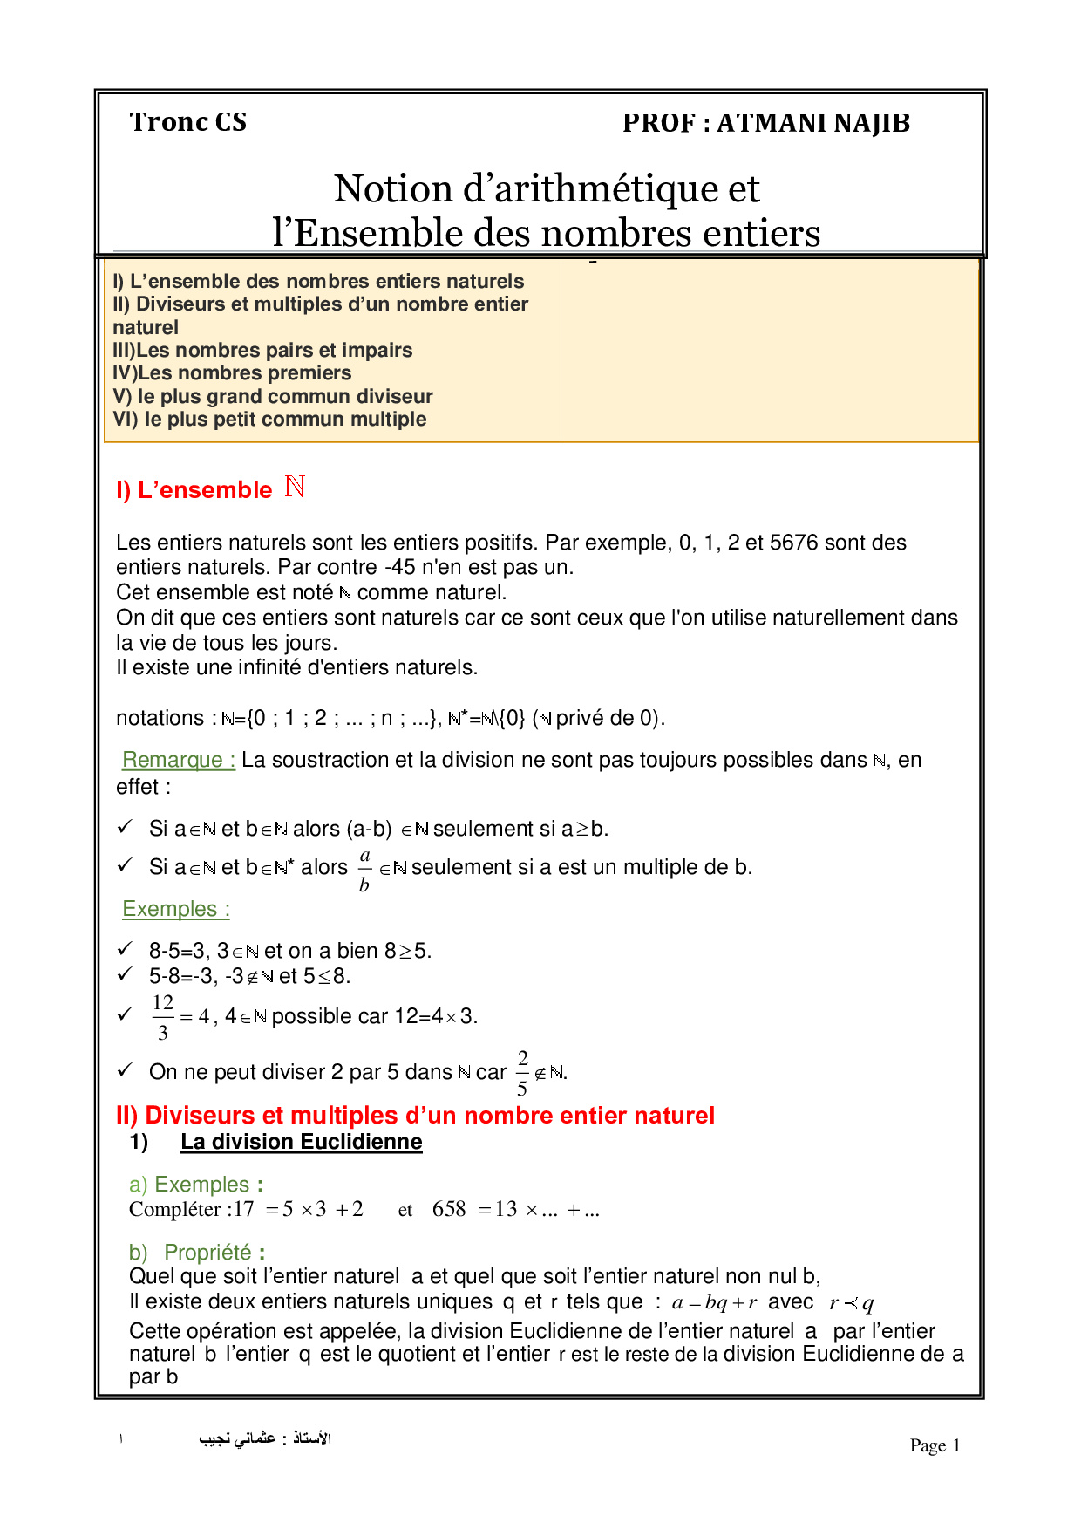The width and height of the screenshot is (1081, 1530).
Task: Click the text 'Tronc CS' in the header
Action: [188, 122]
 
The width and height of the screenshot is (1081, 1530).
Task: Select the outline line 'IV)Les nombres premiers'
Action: [232, 373]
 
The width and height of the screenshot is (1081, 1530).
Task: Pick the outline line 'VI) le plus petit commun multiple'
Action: [269, 420]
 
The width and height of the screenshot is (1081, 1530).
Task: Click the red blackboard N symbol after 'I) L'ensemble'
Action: [295, 487]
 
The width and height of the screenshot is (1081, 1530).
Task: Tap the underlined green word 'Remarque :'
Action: [179, 760]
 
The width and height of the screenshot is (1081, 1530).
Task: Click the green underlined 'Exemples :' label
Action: [176, 909]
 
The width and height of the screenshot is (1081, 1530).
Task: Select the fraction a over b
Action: [364, 870]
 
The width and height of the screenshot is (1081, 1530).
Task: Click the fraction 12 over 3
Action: [163, 1017]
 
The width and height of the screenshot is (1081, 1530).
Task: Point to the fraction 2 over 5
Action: [522, 1073]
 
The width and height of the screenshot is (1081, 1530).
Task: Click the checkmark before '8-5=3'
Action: [126, 948]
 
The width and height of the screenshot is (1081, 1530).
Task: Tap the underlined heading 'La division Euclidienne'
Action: [301, 1142]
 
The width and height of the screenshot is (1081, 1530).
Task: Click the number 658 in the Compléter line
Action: [449, 1209]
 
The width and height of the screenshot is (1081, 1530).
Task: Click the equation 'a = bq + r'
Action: [714, 1303]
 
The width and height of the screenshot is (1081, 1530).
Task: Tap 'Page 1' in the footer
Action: [935, 1445]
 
